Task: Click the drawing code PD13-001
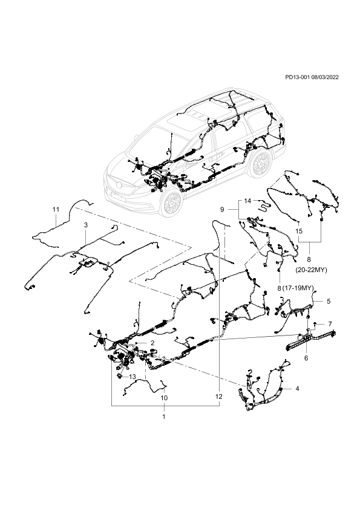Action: [x=297, y=77]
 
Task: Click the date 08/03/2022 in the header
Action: [x=325, y=77]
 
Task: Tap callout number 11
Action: [x=56, y=209]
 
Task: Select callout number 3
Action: [x=86, y=225]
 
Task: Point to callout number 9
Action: [x=222, y=209]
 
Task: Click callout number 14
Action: [x=247, y=201]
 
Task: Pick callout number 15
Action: [x=299, y=231]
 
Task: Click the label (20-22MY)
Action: [x=311, y=270]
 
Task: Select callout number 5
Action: [x=329, y=301]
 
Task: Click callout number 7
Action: [x=330, y=324]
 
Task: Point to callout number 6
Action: [x=306, y=358]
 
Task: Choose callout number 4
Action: [x=297, y=388]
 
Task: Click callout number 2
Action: [x=152, y=343]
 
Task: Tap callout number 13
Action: [x=133, y=377]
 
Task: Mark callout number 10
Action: [x=164, y=398]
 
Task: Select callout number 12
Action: [x=218, y=397]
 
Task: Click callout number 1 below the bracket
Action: [x=164, y=417]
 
